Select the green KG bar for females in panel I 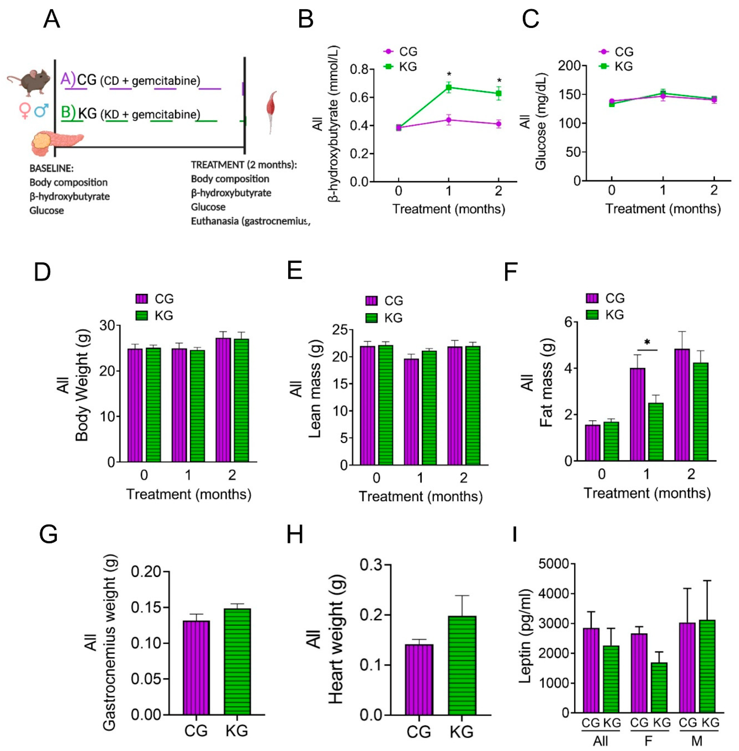click(x=659, y=687)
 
